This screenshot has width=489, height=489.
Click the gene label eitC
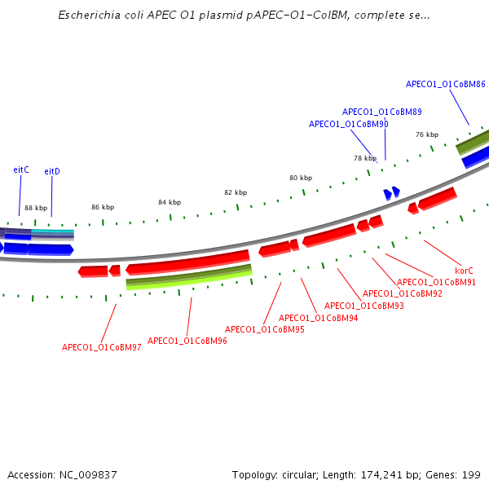tap(21, 170)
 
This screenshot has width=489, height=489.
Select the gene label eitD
tap(52, 171)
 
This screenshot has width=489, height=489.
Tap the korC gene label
tap(464, 270)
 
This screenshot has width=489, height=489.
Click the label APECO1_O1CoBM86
tap(446, 84)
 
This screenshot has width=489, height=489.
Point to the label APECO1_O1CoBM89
tap(381, 112)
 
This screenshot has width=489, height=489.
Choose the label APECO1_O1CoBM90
tap(348, 124)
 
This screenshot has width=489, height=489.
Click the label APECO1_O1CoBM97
tap(102, 347)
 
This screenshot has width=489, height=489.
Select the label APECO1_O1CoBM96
tap(187, 341)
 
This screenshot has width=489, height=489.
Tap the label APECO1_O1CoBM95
tap(265, 329)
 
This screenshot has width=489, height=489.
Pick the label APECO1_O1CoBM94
tap(319, 318)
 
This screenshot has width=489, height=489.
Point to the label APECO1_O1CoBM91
tap(436, 282)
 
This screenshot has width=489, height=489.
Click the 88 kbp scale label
tap(36, 208)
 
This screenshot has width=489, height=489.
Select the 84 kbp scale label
tap(170, 202)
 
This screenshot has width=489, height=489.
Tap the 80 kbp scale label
tap(301, 178)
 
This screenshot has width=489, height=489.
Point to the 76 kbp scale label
tap(427, 134)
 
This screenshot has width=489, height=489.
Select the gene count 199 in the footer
tap(471, 474)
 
